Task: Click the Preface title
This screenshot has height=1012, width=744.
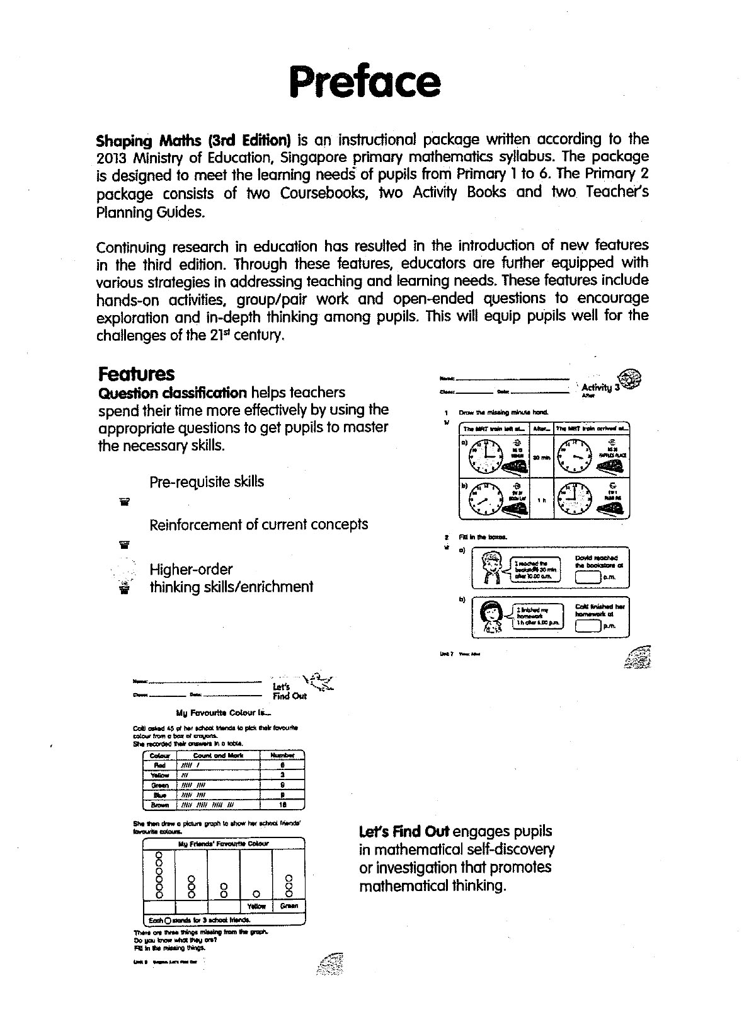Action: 365,81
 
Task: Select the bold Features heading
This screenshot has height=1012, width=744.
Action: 136,374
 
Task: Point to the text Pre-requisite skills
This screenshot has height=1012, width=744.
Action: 207,482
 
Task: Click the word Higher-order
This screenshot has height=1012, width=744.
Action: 191,569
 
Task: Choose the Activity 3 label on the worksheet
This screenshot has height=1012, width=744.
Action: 600,388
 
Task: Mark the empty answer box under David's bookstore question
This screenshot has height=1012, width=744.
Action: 588,577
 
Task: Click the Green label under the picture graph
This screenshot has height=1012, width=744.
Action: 289,906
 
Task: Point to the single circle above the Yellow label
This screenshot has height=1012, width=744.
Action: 256,894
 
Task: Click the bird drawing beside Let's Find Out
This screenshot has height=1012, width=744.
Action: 319,682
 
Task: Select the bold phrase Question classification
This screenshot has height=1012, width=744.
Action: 173,393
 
